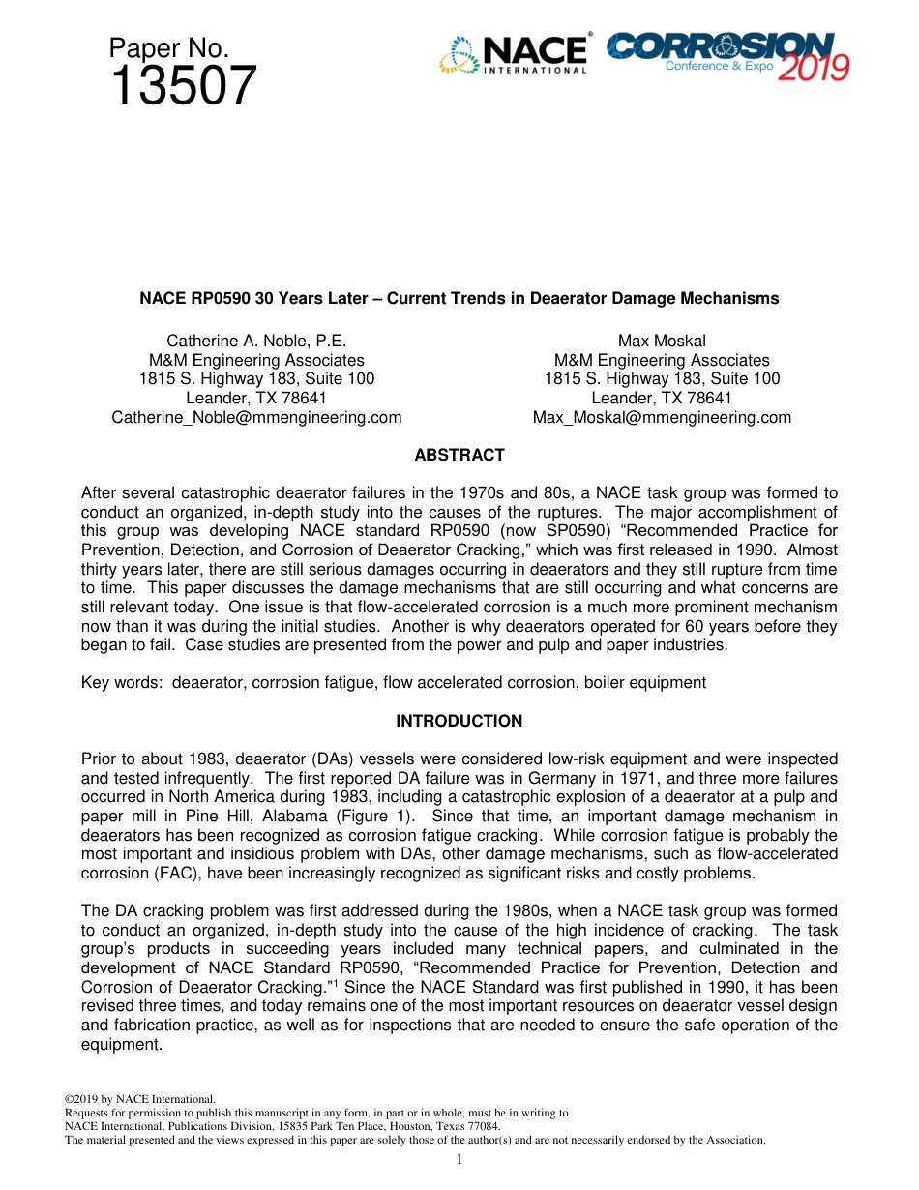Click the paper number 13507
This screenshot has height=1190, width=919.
(184, 86)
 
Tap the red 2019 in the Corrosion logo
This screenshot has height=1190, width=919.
(814, 67)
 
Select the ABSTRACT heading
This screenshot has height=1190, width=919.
(459, 455)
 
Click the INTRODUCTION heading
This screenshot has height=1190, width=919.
(459, 721)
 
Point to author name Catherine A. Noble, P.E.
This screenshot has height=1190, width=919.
(256, 341)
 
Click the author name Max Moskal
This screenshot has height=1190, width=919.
(662, 341)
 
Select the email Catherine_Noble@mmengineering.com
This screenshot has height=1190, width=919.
(256, 418)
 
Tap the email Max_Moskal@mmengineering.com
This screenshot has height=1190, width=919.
(662, 418)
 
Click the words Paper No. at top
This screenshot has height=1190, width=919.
(168, 48)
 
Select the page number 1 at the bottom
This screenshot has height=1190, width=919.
(459, 1159)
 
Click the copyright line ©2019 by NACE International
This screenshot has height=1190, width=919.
(139, 1099)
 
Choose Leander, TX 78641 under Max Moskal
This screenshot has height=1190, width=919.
(662, 399)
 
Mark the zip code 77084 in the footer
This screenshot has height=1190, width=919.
(484, 1126)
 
